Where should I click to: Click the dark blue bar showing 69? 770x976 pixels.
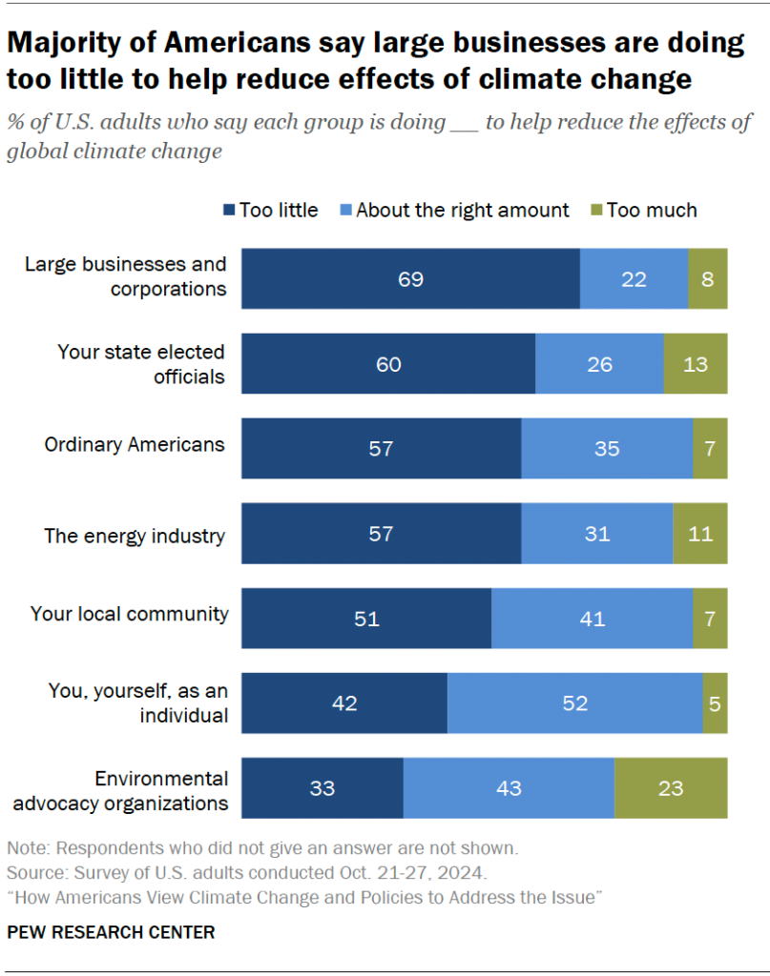click(x=410, y=279)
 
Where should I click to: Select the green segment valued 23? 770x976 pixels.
click(x=671, y=788)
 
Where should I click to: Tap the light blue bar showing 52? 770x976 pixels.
click(x=574, y=703)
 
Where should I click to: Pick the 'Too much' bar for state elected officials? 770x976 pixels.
click(x=696, y=364)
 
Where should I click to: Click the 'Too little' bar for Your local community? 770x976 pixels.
click(x=365, y=619)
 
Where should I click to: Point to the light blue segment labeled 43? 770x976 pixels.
click(x=509, y=788)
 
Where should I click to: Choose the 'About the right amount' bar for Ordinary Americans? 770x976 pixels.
click(x=607, y=448)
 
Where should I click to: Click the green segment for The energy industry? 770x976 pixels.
click(x=699, y=534)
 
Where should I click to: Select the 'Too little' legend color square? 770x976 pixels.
click(x=229, y=211)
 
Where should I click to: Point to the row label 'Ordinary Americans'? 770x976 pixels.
click(x=135, y=444)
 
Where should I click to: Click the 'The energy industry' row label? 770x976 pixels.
click(x=135, y=535)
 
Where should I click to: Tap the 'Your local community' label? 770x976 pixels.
click(x=130, y=614)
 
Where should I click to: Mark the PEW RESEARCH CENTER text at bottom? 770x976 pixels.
click(x=111, y=931)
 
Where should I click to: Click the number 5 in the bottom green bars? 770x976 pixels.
click(x=715, y=703)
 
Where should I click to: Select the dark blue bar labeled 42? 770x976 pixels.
click(x=343, y=703)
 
